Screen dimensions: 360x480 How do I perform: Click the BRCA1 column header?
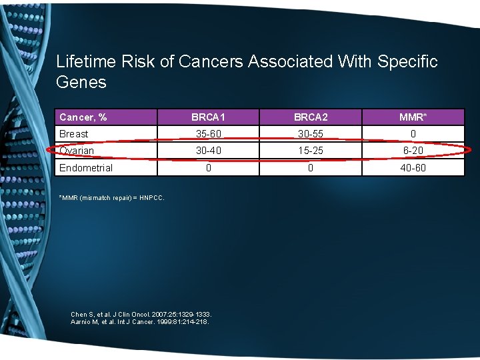tap(208, 117)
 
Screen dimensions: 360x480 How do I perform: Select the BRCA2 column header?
tap(310, 117)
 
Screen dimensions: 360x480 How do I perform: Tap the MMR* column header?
tap(413, 117)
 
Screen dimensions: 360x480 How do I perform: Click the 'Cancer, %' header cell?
tap(83, 117)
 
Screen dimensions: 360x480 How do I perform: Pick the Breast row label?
tap(73, 134)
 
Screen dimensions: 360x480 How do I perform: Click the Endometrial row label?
tap(86, 168)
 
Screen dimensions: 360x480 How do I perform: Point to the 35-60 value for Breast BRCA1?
tap(208, 134)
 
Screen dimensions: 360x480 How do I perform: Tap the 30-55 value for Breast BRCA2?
tap(310, 134)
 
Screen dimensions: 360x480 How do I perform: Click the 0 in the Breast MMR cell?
tap(413, 134)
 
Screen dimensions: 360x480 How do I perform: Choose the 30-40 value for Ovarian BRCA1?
tap(208, 151)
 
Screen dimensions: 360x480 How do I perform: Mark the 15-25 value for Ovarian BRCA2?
tap(310, 151)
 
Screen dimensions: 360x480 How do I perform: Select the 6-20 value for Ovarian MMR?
tap(413, 151)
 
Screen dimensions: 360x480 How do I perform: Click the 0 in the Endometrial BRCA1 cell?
tap(208, 168)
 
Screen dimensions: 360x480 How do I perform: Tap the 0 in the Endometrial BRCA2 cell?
tap(310, 168)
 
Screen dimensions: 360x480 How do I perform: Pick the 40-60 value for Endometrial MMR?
tap(413, 168)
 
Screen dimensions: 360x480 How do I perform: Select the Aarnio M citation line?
tap(139, 322)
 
